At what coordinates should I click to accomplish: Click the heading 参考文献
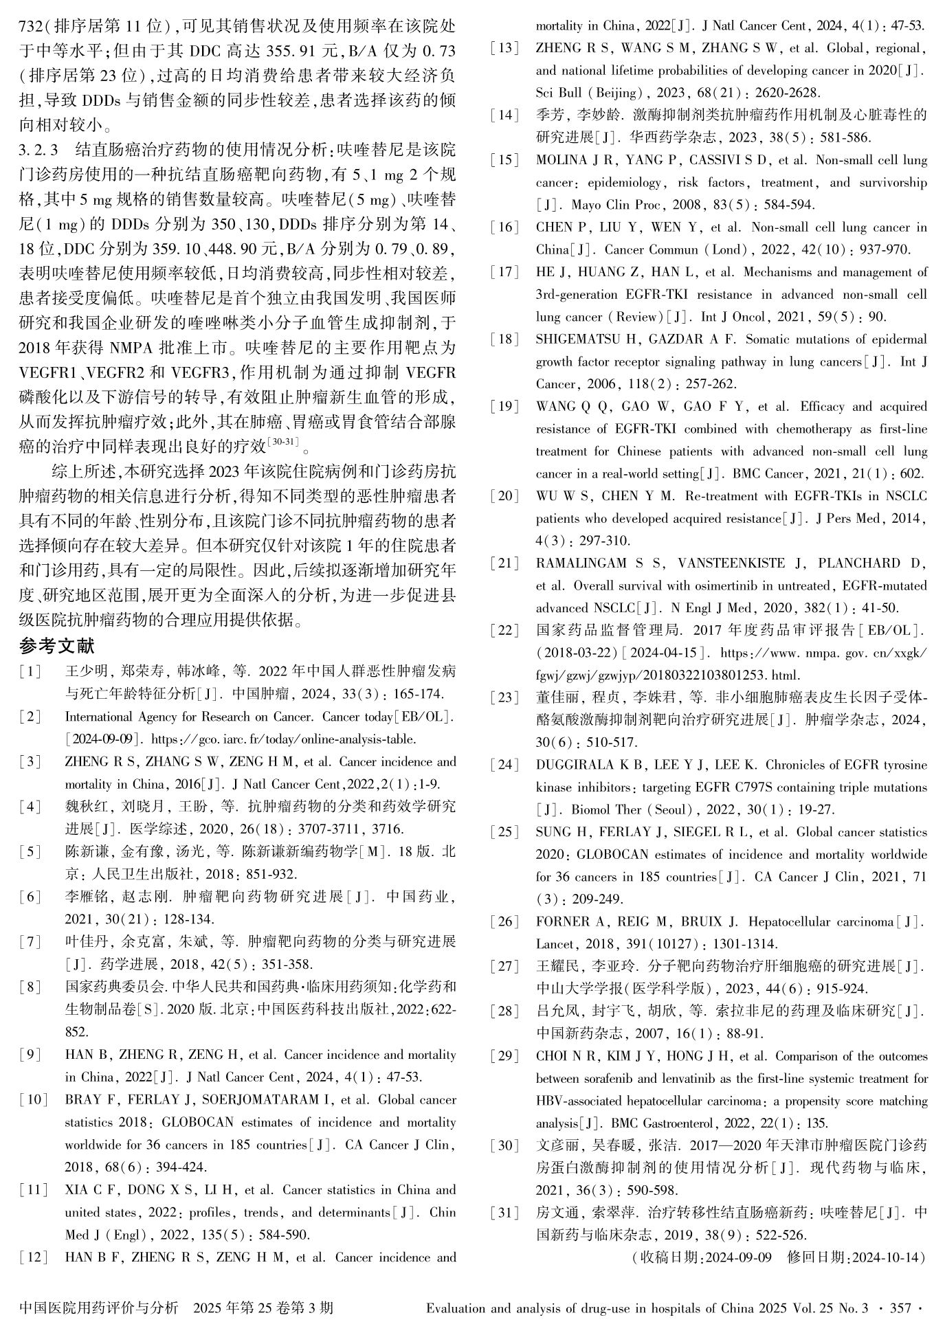[x=57, y=646]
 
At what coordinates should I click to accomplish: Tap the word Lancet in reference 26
[x=554, y=944]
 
